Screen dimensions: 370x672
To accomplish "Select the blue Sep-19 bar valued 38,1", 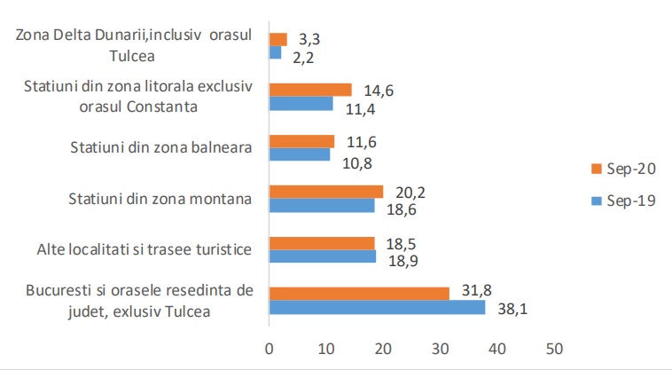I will pyautogui.click(x=378, y=308).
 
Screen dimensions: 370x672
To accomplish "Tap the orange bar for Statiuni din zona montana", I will pyautogui.click(x=325, y=192).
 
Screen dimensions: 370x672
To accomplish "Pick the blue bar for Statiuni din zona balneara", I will pyautogui.click(x=300, y=154).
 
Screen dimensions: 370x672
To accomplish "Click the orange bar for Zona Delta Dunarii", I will pyautogui.click(x=277, y=39).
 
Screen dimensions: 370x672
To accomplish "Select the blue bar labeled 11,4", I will pyautogui.click(x=301, y=104).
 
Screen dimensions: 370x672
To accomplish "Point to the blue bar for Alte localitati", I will pyautogui.click(x=322, y=256).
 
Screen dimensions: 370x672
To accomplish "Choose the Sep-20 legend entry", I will pyautogui.click(x=623, y=169).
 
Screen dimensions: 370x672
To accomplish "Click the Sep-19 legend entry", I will pyautogui.click(x=623, y=201).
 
